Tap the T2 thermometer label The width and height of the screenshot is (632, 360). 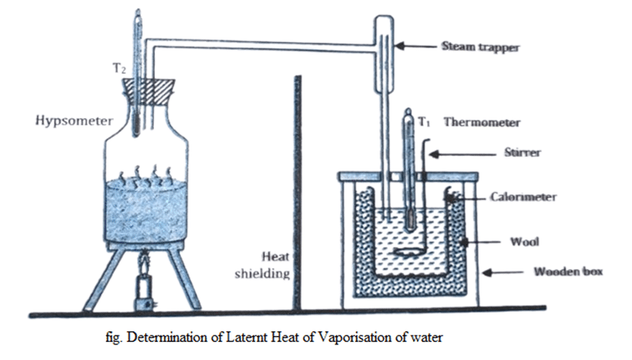[119, 71]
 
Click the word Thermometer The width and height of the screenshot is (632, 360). [481, 123]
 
